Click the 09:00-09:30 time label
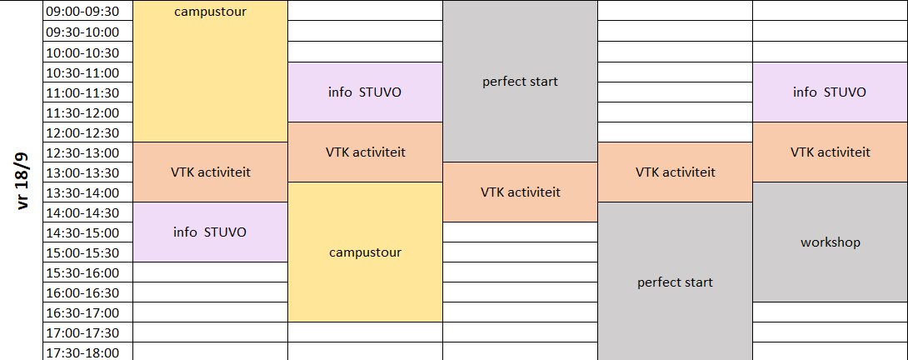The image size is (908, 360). (82, 12)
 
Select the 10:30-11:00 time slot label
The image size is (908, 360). (82, 72)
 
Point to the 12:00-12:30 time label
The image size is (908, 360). (82, 132)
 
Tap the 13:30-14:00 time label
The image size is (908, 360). (82, 193)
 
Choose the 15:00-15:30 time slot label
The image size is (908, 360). (82, 253)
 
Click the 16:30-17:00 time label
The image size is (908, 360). (82, 313)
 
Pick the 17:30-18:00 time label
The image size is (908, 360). (82, 353)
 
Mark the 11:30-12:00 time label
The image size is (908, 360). (82, 113)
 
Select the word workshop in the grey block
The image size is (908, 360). (831, 242)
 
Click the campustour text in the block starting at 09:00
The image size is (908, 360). (210, 12)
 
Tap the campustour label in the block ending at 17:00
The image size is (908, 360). (366, 252)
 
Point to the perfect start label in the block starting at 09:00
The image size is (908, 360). (520, 82)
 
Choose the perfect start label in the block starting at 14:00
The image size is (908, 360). (676, 282)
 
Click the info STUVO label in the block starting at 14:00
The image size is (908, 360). (210, 232)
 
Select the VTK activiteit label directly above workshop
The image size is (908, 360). (831, 152)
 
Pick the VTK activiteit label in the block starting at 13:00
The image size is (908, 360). (521, 192)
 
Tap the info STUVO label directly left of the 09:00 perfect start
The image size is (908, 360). (365, 92)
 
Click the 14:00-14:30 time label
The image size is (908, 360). (82, 212)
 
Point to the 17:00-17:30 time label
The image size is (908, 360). (82, 333)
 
